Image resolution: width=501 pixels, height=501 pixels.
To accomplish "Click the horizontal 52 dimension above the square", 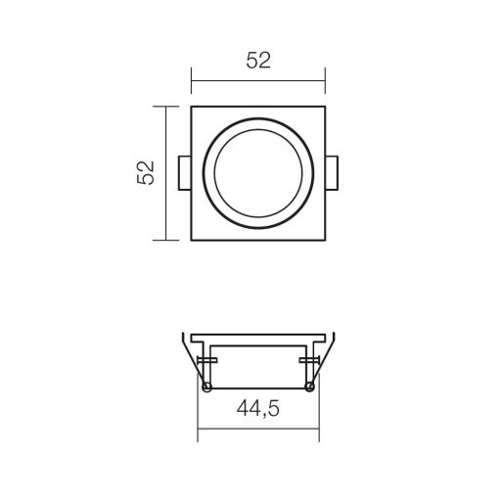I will click(x=257, y=61).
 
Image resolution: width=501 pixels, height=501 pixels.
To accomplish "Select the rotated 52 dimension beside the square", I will click(x=146, y=173).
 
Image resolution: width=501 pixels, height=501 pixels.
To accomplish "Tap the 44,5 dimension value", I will click(x=257, y=411).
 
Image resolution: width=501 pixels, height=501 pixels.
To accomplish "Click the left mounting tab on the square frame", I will click(x=184, y=172).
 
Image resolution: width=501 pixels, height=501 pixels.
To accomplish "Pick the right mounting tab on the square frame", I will click(x=332, y=172).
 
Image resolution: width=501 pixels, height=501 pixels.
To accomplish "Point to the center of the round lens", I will click(x=257, y=172).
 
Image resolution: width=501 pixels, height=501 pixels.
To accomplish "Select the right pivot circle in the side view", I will click(x=310, y=388).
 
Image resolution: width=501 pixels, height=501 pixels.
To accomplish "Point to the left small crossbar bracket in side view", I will click(x=206, y=364).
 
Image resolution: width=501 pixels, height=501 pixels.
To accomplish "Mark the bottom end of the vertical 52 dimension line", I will click(x=166, y=239).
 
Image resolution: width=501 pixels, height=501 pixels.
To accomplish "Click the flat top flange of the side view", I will click(x=257, y=335).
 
